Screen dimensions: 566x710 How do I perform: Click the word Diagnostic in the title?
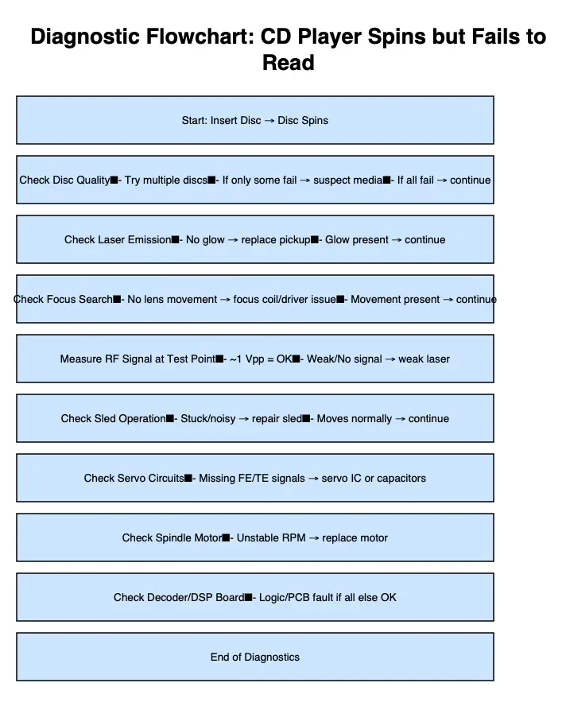[85, 37]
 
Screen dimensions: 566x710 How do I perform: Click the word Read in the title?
[289, 63]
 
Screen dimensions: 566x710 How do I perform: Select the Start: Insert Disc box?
[255, 120]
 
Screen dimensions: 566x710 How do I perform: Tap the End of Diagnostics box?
[255, 657]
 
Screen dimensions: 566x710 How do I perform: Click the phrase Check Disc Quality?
[64, 180]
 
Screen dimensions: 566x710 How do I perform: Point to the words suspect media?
[347, 180]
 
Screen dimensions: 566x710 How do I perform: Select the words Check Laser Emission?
[118, 239]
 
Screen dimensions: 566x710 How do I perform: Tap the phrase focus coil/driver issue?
[285, 299]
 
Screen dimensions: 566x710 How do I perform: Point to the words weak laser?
[424, 359]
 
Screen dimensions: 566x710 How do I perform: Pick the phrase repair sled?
[277, 418]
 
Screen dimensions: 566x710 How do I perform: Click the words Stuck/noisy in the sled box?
[207, 418]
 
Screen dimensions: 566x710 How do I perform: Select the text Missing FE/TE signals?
[252, 478]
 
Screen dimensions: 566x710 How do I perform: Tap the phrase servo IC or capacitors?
[374, 478]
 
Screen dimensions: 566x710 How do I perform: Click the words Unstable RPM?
[271, 538]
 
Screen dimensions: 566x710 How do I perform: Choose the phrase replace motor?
[355, 538]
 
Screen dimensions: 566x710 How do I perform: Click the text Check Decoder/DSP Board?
[179, 597]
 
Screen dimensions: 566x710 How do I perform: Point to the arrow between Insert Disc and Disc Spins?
[269, 120]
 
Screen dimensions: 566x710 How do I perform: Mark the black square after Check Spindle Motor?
[226, 538]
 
